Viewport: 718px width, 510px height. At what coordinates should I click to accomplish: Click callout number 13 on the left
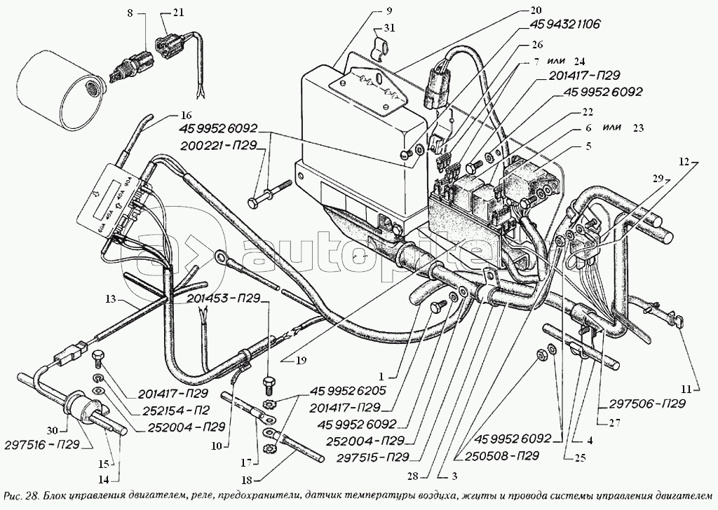pyautogui.click(x=110, y=300)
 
